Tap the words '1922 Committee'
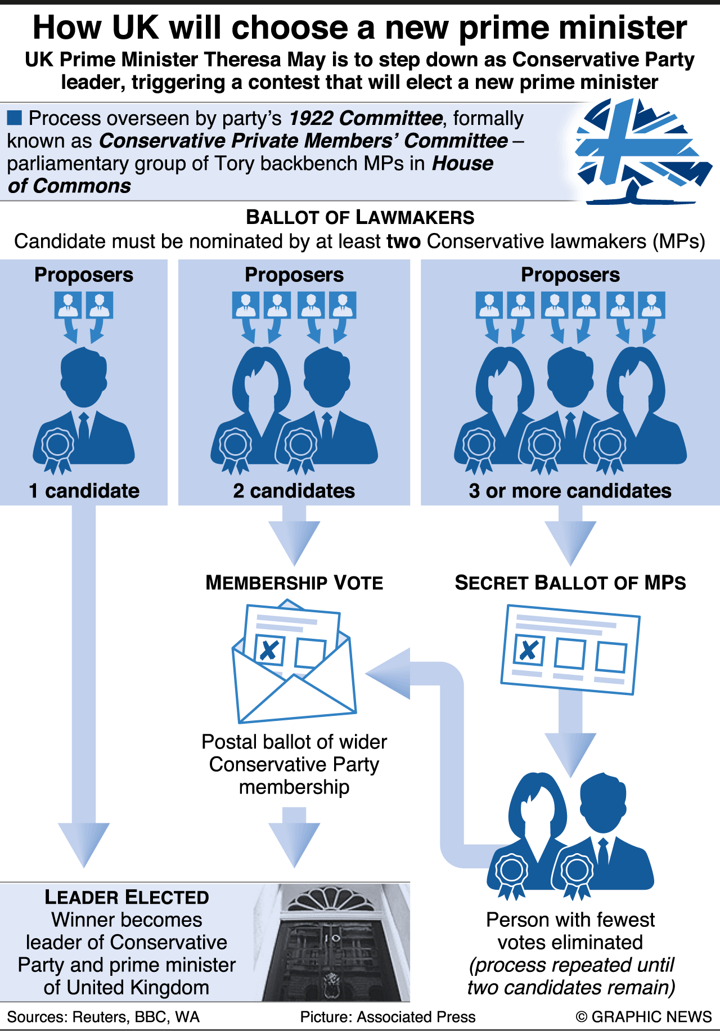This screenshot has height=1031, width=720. coord(366,118)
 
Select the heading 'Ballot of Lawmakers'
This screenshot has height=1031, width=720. coord(360,217)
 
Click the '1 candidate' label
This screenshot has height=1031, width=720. coord(84,491)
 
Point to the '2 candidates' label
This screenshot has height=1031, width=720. coord(294,491)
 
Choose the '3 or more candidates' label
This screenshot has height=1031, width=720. coord(570,491)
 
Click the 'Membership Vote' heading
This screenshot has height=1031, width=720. coord(294,582)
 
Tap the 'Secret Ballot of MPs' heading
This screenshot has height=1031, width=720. coord(570,582)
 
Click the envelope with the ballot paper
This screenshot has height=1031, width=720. coord(294,664)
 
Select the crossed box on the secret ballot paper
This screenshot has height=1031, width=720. coord(529,651)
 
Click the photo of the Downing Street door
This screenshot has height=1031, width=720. coord(336,942)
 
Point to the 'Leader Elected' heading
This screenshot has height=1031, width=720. coord(127,897)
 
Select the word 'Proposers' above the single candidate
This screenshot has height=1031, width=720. coord(84,275)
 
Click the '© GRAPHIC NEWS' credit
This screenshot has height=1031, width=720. coord(643,1017)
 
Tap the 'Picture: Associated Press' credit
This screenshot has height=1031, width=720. coord(388,1017)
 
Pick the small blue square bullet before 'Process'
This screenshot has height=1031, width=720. coord(15,118)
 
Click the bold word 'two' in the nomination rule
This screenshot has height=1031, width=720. coord(403,241)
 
